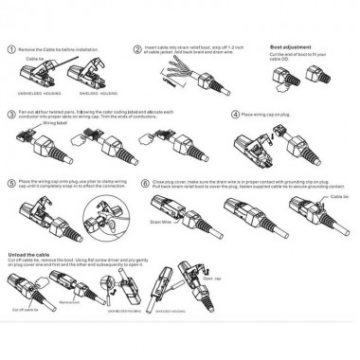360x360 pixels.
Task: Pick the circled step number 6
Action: point(144,180)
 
